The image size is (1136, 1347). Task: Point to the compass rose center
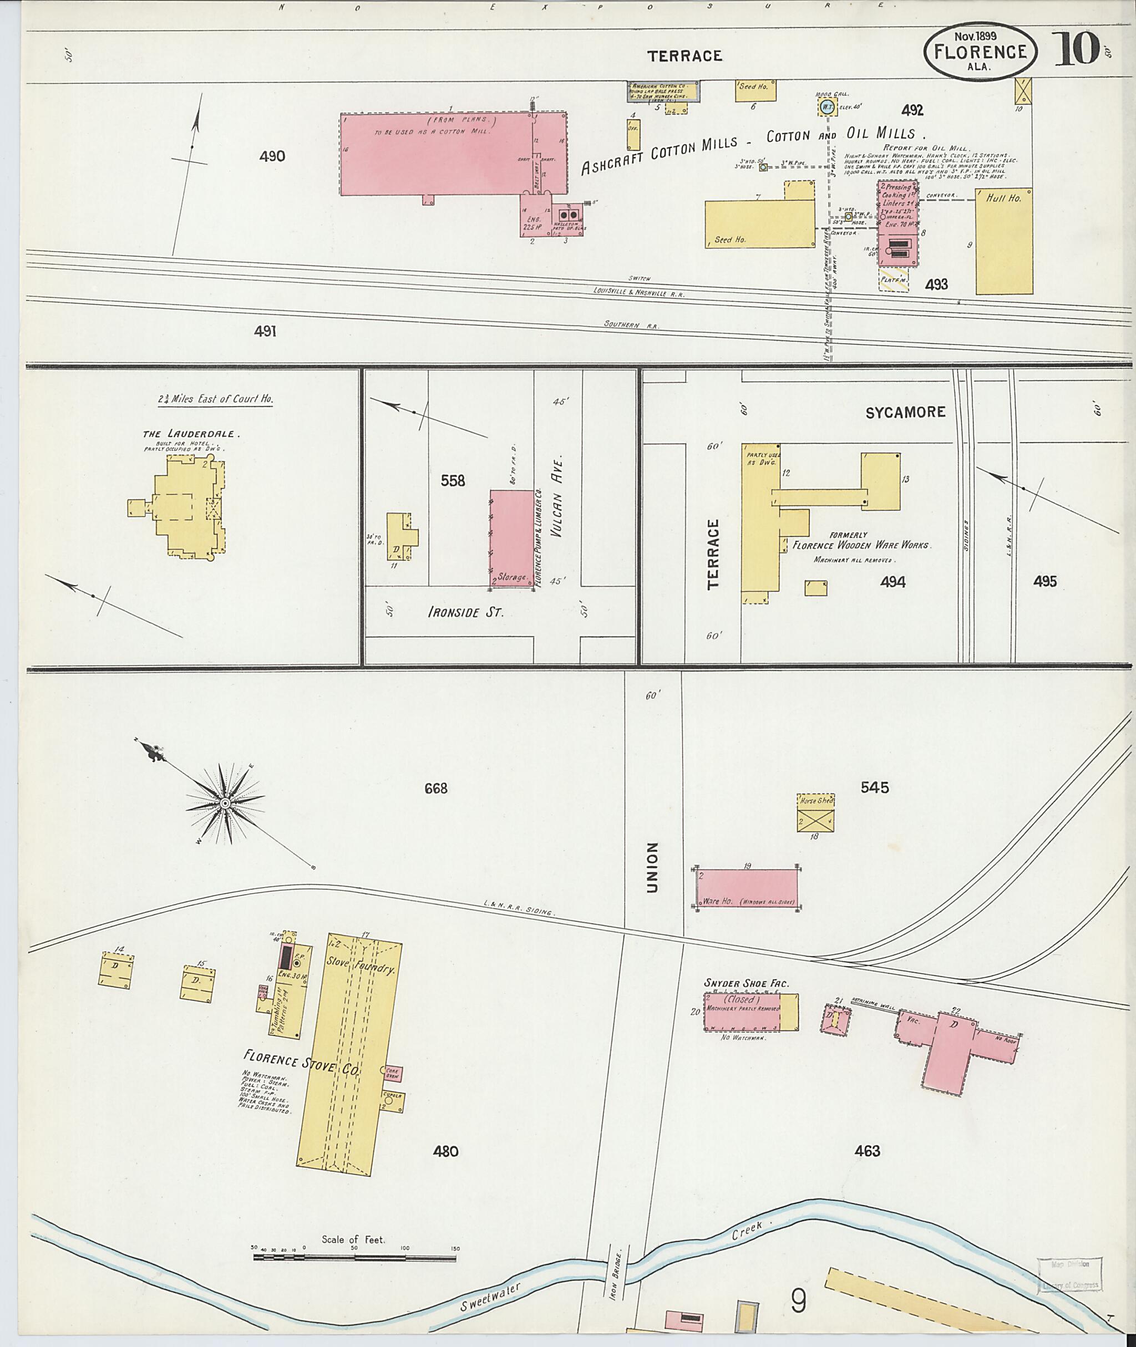click(225, 804)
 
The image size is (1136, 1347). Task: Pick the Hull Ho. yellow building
click(1003, 241)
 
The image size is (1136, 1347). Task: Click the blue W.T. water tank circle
click(828, 107)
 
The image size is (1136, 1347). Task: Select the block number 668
click(435, 788)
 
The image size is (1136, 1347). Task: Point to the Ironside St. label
click(465, 612)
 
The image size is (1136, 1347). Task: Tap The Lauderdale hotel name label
click(191, 434)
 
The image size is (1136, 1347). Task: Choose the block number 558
click(453, 480)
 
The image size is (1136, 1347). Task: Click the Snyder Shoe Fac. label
click(747, 983)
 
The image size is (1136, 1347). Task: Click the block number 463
click(867, 1151)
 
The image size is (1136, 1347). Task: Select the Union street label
click(652, 867)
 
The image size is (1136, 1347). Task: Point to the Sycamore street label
click(905, 412)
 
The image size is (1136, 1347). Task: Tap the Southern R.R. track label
click(631, 325)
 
